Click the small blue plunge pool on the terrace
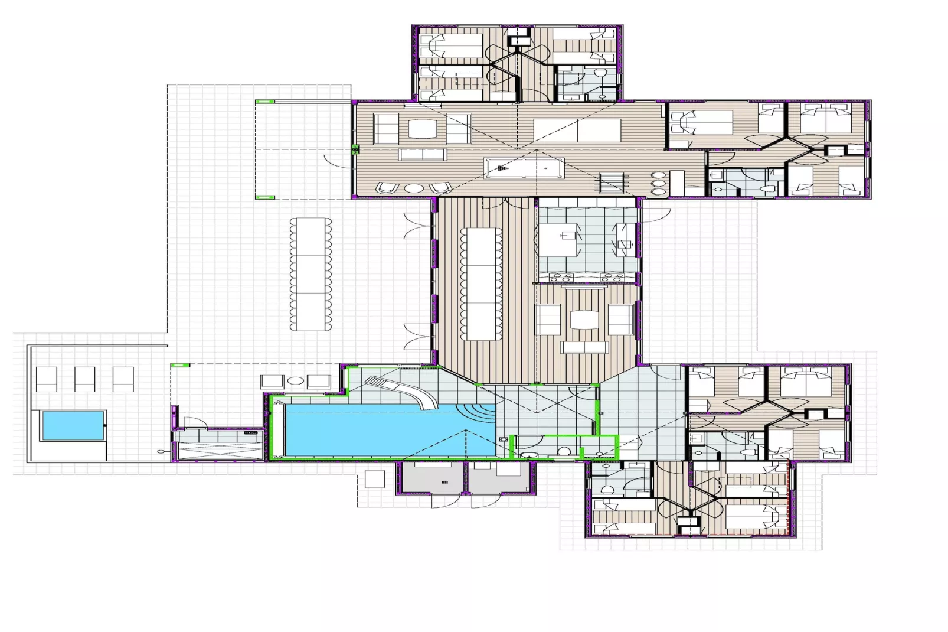73,425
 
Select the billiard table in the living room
524,168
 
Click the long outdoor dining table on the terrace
310,274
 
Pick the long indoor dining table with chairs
481,284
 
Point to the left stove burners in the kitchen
561,277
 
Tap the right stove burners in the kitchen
609,277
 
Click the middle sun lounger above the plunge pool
84,379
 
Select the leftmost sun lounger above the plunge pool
47,379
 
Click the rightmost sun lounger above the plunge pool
123,379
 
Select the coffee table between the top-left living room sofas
422,129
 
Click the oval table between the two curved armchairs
414,188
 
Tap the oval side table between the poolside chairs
295,381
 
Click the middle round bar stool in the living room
658,183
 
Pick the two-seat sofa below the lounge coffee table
584,347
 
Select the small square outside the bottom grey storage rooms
374,478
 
